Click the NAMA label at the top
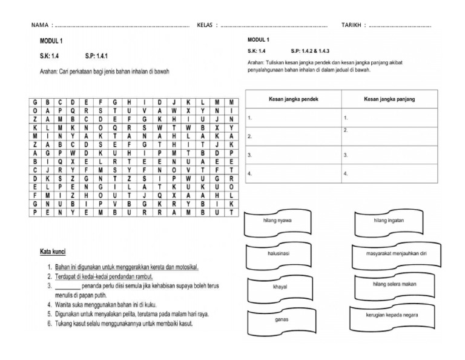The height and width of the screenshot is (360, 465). pyautogui.click(x=39, y=25)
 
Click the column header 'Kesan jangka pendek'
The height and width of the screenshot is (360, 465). pyautogui.click(x=293, y=99)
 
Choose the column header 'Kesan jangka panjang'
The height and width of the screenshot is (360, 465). pyautogui.click(x=389, y=99)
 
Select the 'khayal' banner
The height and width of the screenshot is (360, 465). pyautogui.click(x=279, y=286)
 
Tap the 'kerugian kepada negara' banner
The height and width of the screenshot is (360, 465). pyautogui.click(x=390, y=315)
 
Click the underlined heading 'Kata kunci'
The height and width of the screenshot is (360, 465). pyautogui.click(x=53, y=250)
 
